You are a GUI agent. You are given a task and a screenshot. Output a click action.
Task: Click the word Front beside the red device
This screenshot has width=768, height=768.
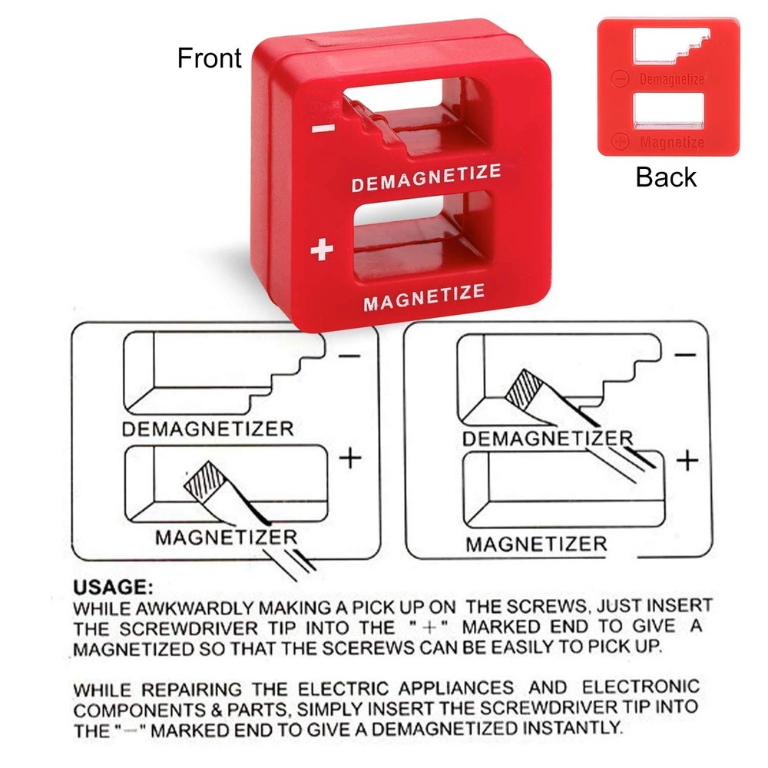coord(209,58)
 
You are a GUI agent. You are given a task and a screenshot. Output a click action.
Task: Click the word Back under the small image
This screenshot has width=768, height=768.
coord(666,177)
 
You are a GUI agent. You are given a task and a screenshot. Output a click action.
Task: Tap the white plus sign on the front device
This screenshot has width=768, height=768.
coord(323,250)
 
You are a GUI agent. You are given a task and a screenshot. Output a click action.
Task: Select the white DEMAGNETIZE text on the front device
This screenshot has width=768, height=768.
coord(426,177)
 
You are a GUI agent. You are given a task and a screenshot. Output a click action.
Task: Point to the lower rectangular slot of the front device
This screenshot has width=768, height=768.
coord(419,242)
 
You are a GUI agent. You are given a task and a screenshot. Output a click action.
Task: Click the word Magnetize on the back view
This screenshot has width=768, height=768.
coord(671,142)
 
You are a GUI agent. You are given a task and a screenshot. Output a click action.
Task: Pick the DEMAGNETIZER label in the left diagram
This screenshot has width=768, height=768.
coord(207,429)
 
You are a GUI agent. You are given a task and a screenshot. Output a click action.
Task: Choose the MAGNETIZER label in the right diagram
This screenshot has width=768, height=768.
coord(536,545)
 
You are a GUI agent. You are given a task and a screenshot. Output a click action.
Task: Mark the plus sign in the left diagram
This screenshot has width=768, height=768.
coord(350,458)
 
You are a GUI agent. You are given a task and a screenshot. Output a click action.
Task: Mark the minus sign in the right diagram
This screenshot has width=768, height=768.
coord(685,355)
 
